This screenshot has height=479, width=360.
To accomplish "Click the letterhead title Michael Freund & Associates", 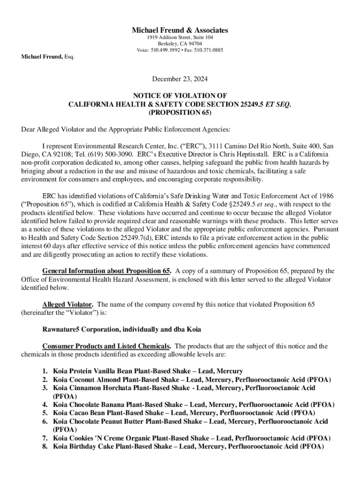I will pyautogui.click(x=180, y=30).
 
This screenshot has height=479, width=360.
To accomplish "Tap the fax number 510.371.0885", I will pyautogui.click(x=209, y=50).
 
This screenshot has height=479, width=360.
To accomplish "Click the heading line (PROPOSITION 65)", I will pyautogui.click(x=180, y=113).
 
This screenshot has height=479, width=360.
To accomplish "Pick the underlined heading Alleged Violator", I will pyautogui.click(x=67, y=305).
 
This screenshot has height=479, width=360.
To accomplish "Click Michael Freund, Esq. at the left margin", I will pyautogui.click(x=47, y=57).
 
